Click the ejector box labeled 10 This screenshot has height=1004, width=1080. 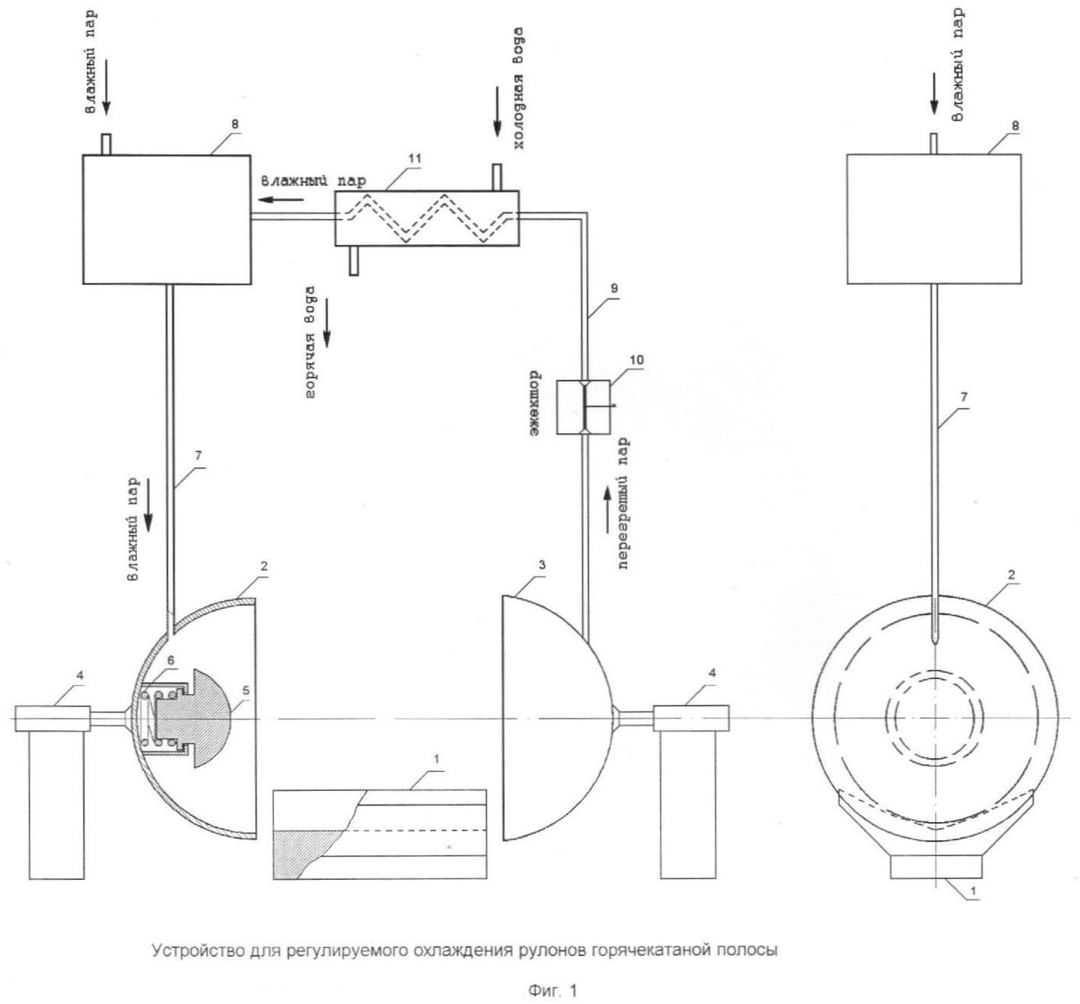[x=583, y=407]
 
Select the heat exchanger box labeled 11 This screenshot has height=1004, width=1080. [x=426, y=218]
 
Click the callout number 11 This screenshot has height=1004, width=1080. [x=414, y=158]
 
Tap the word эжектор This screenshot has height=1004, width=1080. [x=534, y=405]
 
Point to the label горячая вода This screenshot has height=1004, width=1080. [x=310, y=342]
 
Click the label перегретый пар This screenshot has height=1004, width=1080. [x=623, y=503]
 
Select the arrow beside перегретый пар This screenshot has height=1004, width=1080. [x=607, y=510]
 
